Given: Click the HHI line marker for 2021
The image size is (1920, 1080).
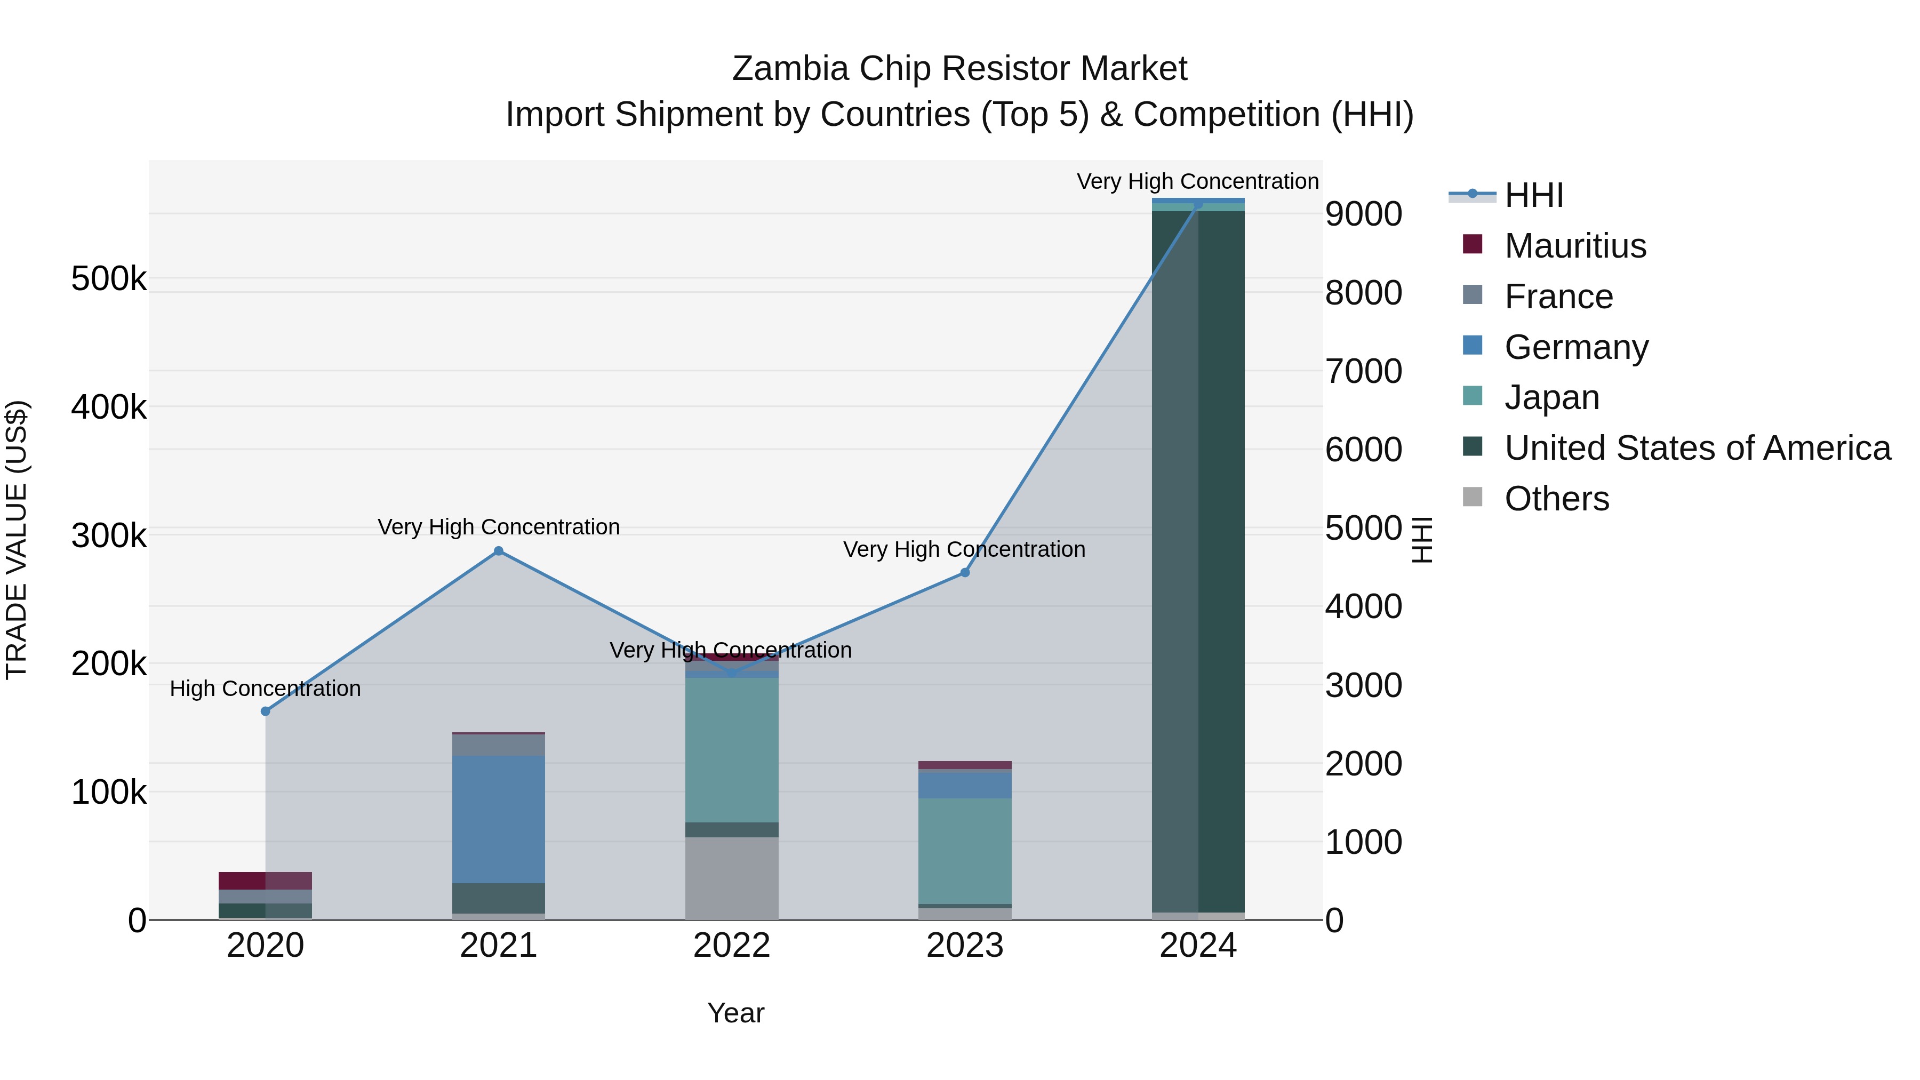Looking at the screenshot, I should pos(499,551).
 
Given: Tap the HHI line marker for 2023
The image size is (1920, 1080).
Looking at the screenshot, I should pos(964,572).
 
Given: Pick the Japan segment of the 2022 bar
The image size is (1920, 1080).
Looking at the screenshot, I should pos(732,749).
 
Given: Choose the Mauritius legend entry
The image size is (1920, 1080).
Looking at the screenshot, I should pos(1574,246).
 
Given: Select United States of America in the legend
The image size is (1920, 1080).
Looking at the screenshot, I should pos(1697,448).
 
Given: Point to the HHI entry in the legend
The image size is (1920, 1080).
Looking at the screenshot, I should pos(1533,195).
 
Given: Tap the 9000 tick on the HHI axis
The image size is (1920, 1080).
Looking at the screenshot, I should pos(1363,214).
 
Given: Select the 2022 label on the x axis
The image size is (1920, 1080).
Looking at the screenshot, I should pos(732,946).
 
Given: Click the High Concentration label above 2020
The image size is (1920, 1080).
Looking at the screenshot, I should pos(266,688).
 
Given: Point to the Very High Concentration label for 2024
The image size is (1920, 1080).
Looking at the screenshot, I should pos(1198,181).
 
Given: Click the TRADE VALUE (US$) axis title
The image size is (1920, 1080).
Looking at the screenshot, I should pos(17,540).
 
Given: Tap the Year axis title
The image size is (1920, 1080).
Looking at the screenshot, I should pos(735,1013).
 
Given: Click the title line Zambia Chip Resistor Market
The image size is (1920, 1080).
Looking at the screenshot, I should pos(959,69).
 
